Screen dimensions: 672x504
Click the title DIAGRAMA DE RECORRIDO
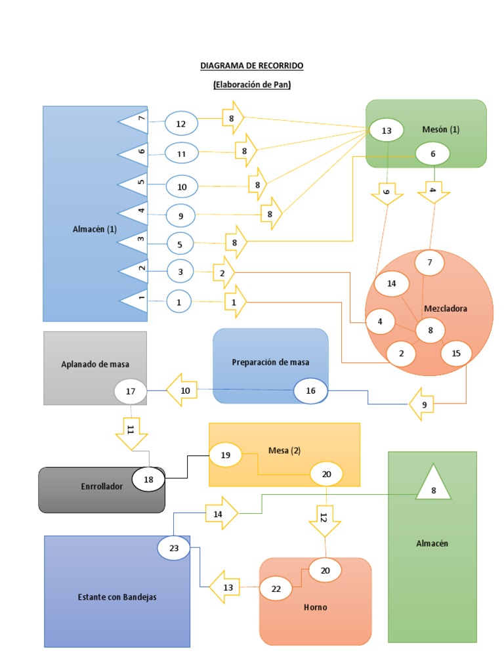tap(252, 66)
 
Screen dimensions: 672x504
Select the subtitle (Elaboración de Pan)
tap(252, 85)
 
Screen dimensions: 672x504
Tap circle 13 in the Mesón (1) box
tap(387, 131)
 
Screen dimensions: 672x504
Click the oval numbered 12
tap(181, 123)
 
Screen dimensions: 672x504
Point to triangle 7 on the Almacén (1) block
tap(135, 121)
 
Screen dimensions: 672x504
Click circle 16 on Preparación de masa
tap(310, 390)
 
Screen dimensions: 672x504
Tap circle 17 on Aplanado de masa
tap(131, 392)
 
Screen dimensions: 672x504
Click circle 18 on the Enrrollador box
tap(148, 480)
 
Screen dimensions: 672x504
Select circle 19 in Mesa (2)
tap(225, 455)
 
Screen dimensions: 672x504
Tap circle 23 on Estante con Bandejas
tap(174, 548)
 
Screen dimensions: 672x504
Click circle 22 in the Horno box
tap(276, 589)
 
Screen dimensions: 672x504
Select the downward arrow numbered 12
tap(324, 518)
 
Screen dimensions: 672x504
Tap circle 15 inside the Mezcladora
tap(456, 353)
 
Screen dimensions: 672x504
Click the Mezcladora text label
tap(445, 308)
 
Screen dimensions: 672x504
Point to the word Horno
tap(315, 607)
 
